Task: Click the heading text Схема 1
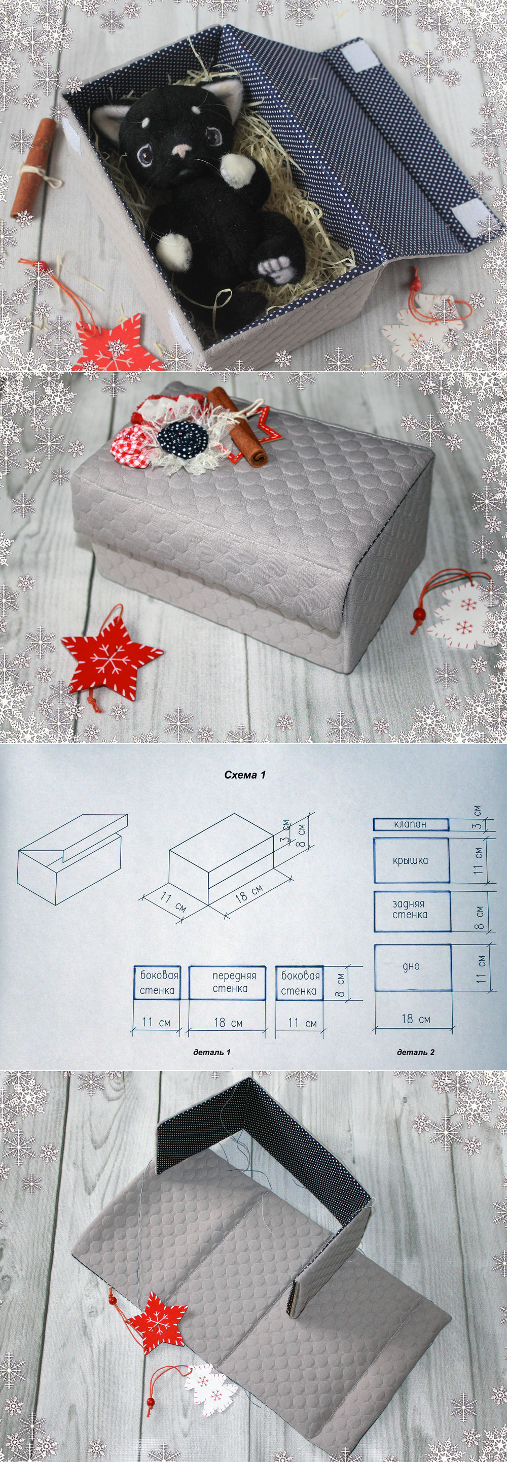[x=245, y=775]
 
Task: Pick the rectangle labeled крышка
[x=411, y=861]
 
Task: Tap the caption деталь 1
[x=211, y=1052]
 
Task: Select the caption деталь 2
[x=416, y=1052]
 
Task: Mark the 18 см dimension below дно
[x=416, y=1019]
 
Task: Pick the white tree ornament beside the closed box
[x=457, y=616]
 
